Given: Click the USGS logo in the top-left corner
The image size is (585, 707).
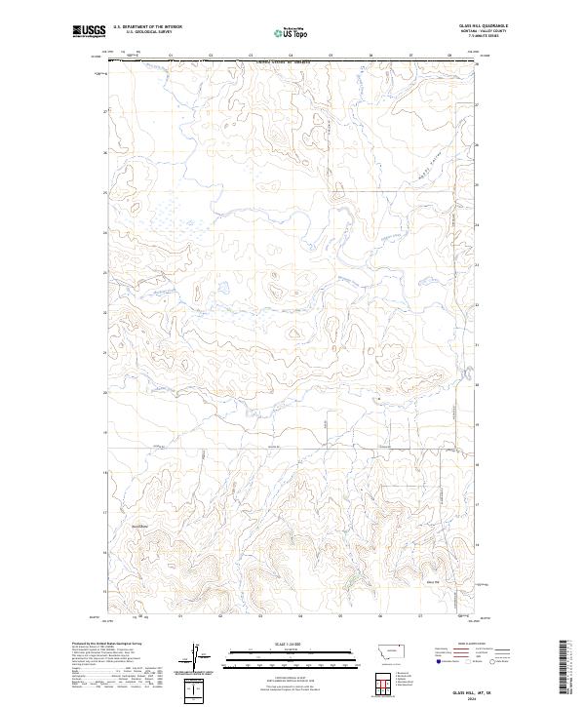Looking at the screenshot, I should point(90,30).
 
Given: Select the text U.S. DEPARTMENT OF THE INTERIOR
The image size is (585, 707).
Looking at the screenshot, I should point(147,27).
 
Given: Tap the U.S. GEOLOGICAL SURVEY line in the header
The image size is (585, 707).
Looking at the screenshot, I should point(147,33).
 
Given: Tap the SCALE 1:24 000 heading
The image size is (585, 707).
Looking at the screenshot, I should point(290,645).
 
